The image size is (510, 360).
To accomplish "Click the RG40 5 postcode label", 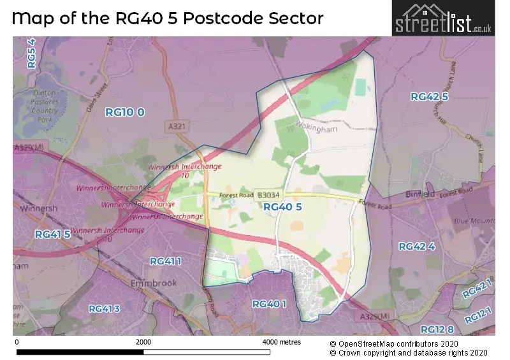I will point(282,206).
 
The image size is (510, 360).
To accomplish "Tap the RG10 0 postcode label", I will point(125,112).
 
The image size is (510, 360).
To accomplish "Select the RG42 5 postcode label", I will point(430,97).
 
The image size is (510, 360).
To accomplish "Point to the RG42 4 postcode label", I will point(416,247).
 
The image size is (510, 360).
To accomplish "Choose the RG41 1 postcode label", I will point(166,261).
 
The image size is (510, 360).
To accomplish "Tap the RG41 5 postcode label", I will point(52,234).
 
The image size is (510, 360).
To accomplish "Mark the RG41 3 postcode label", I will point(104,309).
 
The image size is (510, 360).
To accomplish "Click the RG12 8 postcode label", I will point(437,329).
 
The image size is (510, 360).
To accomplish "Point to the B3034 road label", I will point(268,196).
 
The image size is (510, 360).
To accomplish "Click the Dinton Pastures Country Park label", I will point(45,106).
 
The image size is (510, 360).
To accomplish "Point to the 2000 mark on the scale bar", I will point(143,342).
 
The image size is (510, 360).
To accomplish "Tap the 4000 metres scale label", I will point(282,342).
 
